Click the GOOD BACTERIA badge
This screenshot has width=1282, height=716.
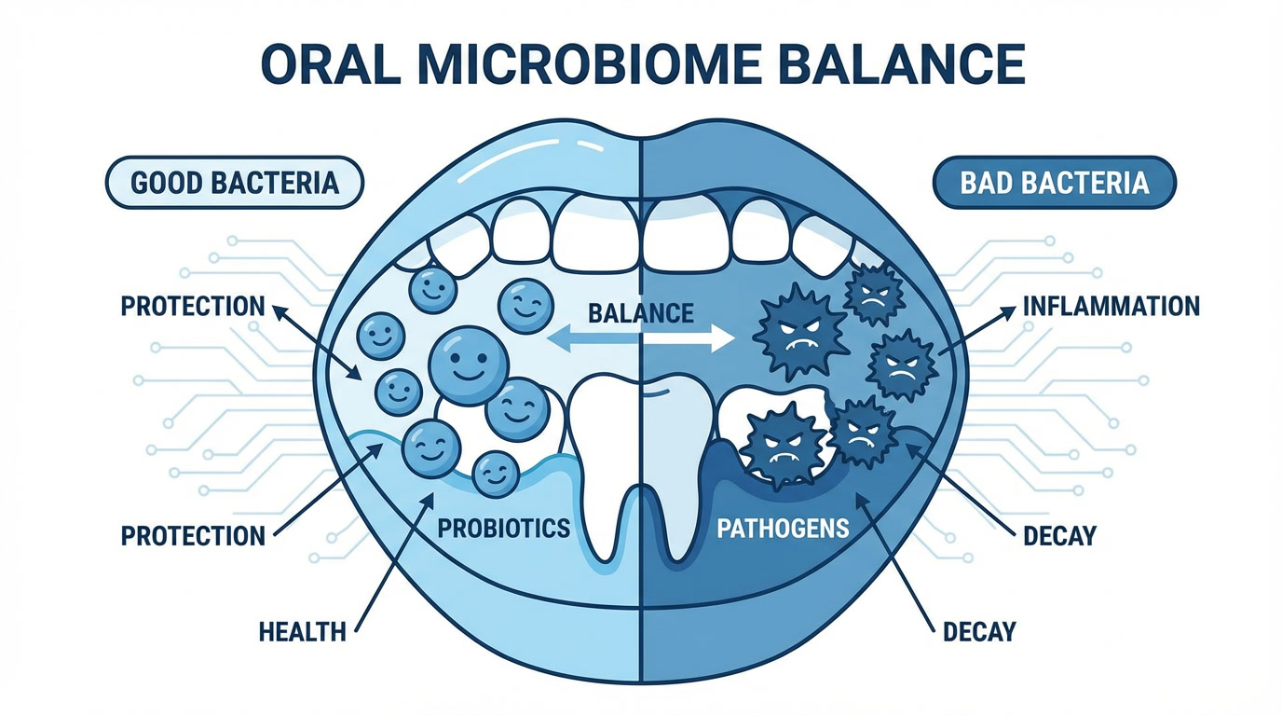(234, 182)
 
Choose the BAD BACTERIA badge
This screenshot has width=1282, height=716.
(1054, 182)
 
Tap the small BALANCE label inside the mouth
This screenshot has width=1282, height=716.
(640, 312)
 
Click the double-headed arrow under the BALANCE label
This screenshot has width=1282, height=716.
(640, 340)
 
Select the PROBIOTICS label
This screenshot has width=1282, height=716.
(503, 529)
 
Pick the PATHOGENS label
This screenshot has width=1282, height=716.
(783, 529)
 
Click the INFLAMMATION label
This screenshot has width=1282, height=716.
(1111, 306)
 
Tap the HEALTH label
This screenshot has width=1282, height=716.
(302, 632)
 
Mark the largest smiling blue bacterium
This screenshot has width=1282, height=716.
(469, 365)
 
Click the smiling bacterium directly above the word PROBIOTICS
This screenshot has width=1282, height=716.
(496, 474)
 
